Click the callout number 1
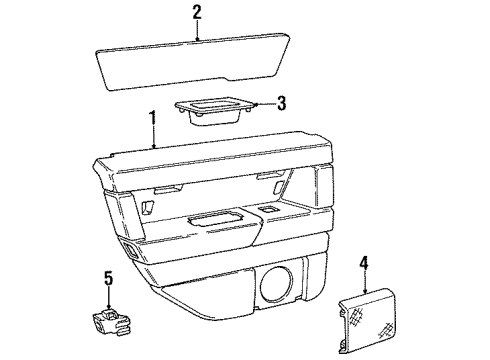tap(153, 118)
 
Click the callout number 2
tap(197, 13)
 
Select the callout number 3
tap(283, 102)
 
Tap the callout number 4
tap(364, 262)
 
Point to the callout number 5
tap(108, 277)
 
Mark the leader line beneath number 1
tap(153, 136)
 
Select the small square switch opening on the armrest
tap(268, 208)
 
